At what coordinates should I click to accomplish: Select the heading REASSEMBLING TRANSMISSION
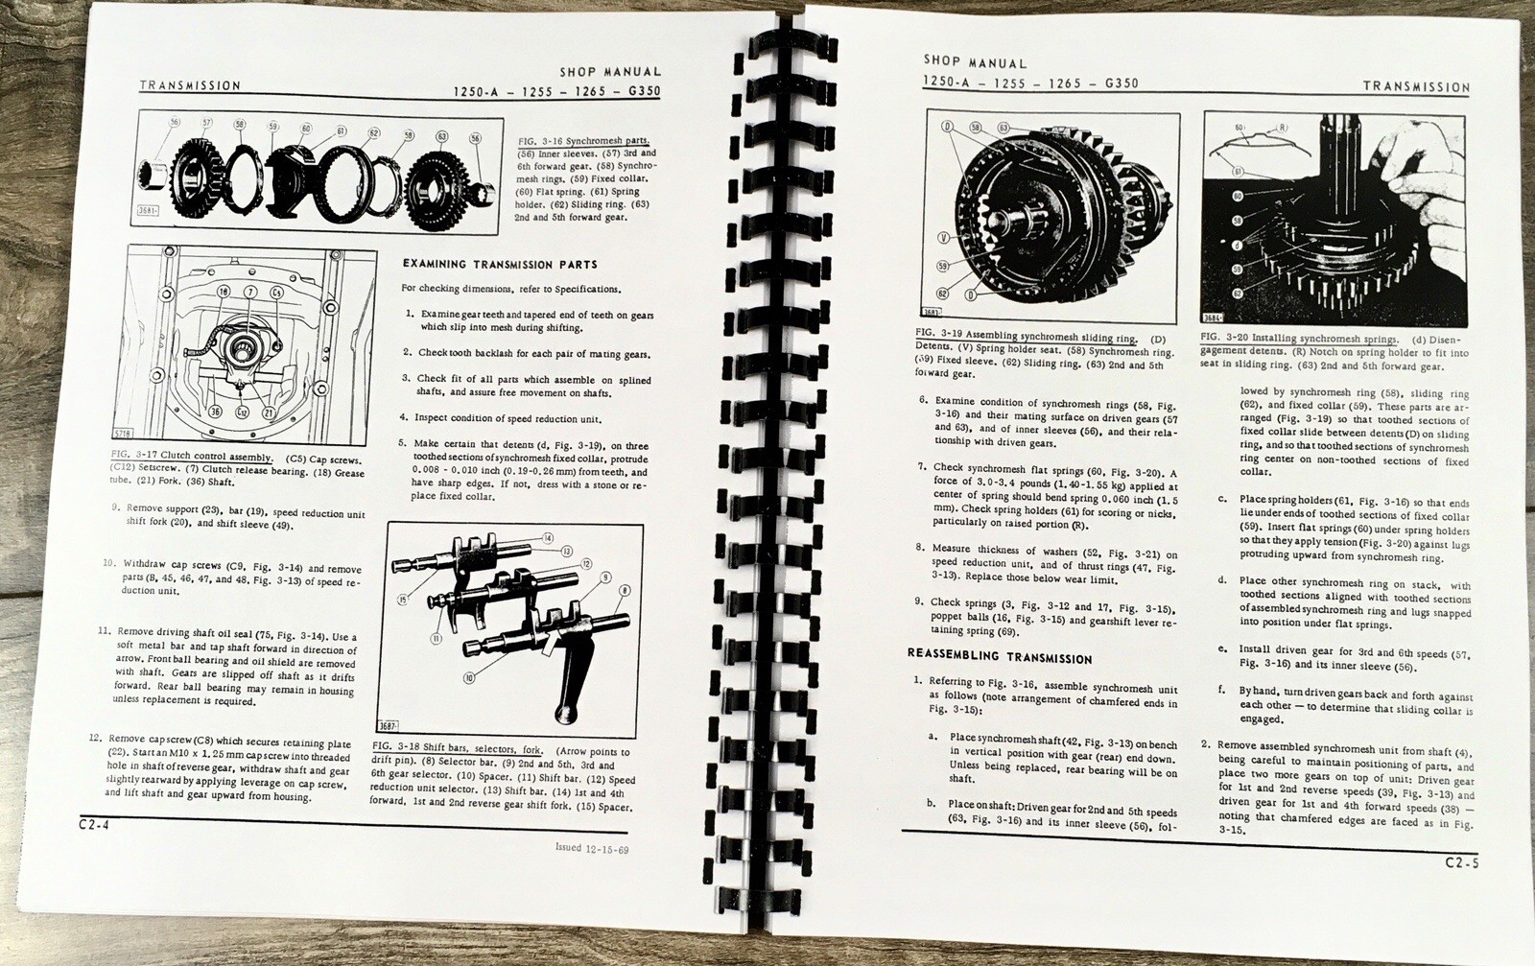coord(1000,658)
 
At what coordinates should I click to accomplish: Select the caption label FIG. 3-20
coord(1221,339)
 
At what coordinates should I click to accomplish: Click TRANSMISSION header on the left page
coord(190,85)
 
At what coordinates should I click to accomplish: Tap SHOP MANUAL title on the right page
coord(975,62)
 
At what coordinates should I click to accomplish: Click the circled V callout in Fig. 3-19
coord(943,236)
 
